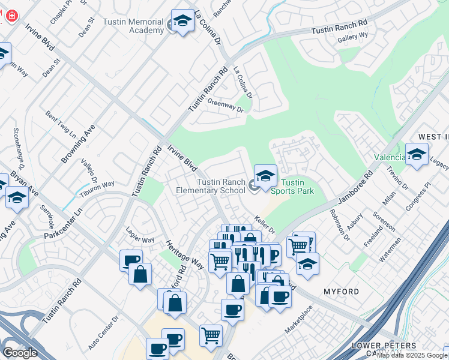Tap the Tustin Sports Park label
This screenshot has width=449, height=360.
(x=292, y=187)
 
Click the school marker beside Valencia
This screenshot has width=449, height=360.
(x=417, y=154)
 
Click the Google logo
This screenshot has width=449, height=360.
(x=20, y=353)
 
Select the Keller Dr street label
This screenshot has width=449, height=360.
(x=264, y=225)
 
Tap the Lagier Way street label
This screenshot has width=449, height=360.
(x=140, y=235)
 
